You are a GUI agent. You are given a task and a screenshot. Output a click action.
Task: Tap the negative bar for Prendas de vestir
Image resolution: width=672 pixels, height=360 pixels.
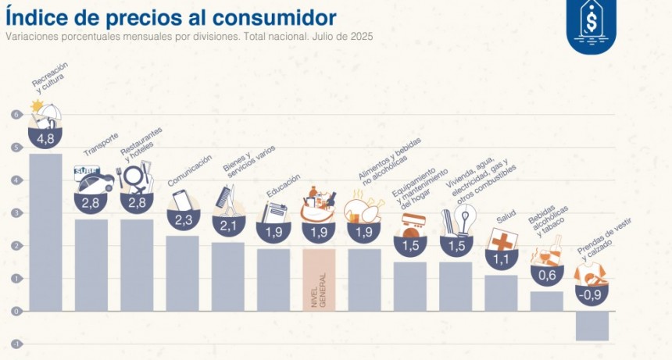(592, 326)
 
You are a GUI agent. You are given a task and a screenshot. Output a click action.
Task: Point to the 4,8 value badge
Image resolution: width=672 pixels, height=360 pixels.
(45, 138)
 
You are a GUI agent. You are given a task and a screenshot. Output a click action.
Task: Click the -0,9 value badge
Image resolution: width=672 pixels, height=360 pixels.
(592, 295)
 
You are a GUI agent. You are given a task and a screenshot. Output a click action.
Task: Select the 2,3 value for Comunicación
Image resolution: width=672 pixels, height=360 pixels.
(182, 220)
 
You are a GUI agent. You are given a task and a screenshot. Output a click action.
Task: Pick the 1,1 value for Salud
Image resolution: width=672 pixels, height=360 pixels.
(501, 259)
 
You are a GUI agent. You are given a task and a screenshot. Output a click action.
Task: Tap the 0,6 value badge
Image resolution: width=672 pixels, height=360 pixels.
(546, 275)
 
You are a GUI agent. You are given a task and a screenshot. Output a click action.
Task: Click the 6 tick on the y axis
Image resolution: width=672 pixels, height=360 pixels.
(15, 115)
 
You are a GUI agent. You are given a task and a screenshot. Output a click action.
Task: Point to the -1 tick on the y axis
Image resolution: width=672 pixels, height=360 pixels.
(15, 344)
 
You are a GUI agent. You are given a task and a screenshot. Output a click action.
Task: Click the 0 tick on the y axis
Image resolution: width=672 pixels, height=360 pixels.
(15, 311)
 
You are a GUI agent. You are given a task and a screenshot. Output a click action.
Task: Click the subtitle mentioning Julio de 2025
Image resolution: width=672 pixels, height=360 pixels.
(188, 37)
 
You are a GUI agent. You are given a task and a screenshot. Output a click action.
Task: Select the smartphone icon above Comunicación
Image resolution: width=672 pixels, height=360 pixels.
(181, 201)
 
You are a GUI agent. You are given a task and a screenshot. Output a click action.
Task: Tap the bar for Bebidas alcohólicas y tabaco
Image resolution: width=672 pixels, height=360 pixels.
(546, 301)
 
